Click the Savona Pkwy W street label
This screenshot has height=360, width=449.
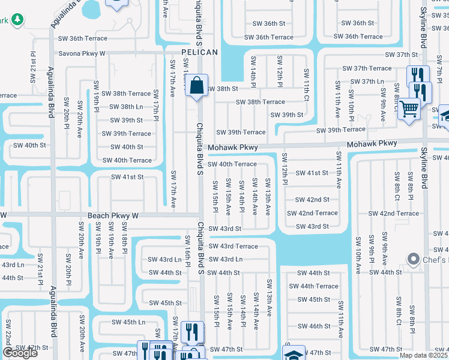coord(81,53)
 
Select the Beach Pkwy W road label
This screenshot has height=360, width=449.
coord(113,215)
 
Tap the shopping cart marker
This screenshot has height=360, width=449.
coord(409,110)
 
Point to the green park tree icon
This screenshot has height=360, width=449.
coord(18,20)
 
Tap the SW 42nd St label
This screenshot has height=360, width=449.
coord(312,200)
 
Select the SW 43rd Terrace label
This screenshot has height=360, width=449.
coord(234,246)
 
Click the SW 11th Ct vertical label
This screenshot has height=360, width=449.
coord(306,85)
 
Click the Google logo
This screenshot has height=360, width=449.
coord(20,353)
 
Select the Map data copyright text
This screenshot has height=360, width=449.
coord(424,355)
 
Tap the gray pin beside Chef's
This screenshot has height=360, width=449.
coord(412,259)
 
